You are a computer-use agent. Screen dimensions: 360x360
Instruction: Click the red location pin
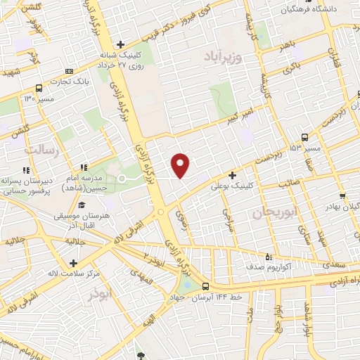(x=181, y=165)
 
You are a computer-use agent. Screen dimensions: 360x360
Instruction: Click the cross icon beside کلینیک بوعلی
(x=232, y=176)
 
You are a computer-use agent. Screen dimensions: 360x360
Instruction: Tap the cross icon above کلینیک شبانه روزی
(x=122, y=44)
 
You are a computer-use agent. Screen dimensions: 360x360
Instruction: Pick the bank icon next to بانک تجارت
(x=68, y=71)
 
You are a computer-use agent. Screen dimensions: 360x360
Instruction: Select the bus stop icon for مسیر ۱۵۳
(x=304, y=137)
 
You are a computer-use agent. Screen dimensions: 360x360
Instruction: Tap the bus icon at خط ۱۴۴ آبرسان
(x=205, y=286)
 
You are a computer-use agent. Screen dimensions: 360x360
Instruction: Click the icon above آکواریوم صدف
(x=268, y=257)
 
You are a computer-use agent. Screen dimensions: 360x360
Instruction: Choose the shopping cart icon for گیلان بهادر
(x=342, y=197)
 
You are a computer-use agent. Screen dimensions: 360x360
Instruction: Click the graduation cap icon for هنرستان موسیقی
(x=82, y=205)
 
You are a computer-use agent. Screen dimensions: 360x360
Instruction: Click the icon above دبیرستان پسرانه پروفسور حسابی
(x=26, y=170)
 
